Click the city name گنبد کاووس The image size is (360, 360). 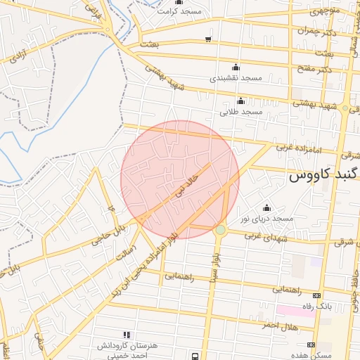click(x=318, y=176)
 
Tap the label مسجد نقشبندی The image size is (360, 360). click(x=236, y=77)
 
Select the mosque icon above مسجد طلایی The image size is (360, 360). click(x=241, y=101)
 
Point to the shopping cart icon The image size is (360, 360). click(x=207, y=39)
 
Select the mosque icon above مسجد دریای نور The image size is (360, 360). click(x=266, y=207)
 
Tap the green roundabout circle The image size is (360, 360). click(x=221, y=230)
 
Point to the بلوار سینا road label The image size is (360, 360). click(x=212, y=265)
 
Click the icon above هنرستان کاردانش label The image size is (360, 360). click(x=127, y=335)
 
